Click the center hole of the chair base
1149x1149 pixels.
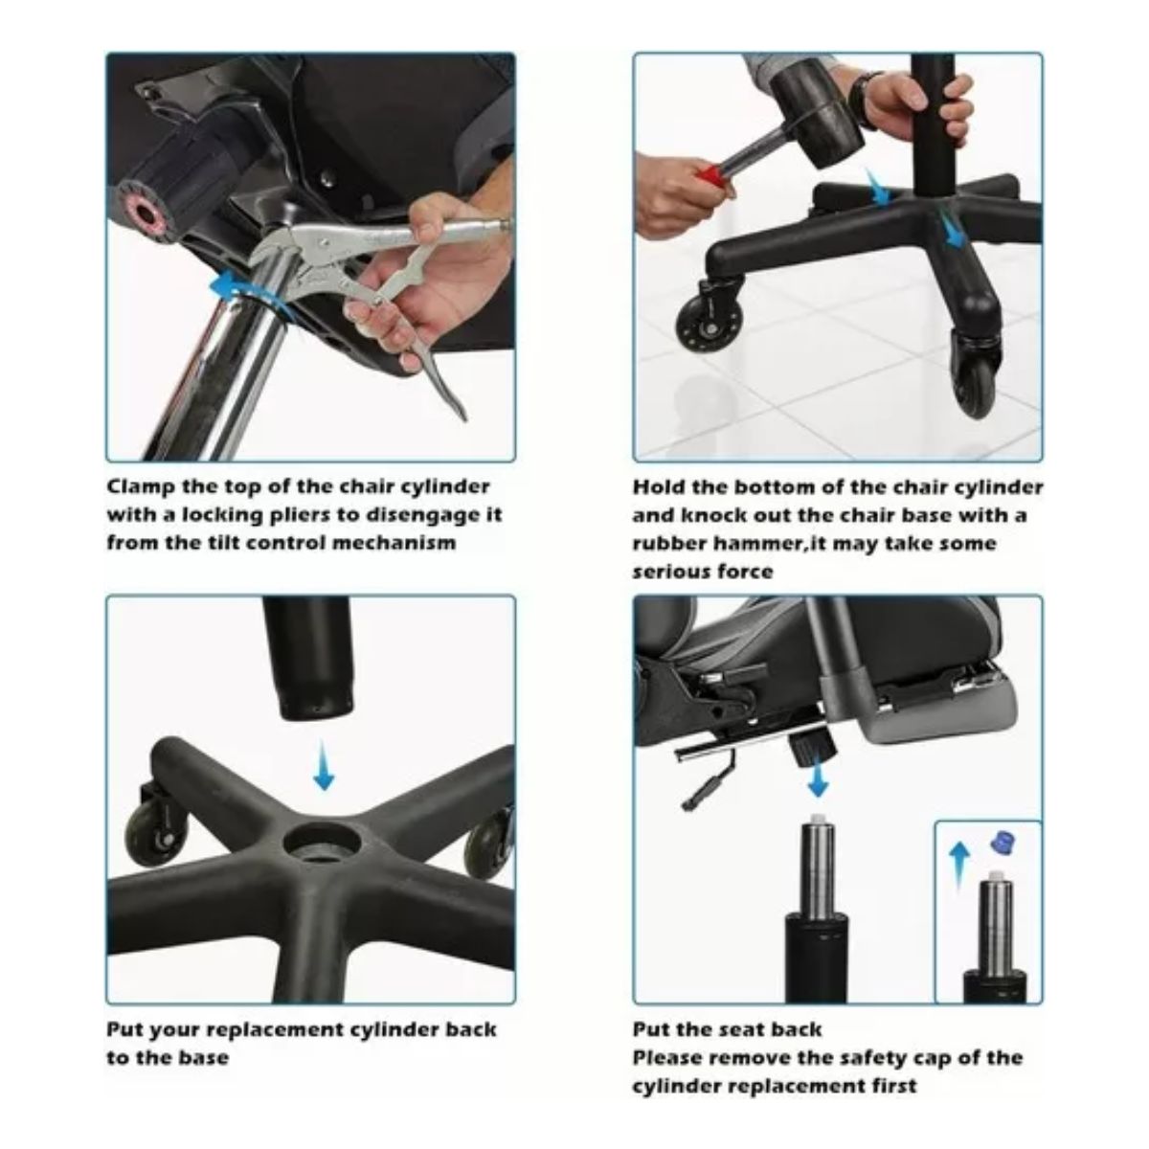pyautogui.click(x=323, y=844)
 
